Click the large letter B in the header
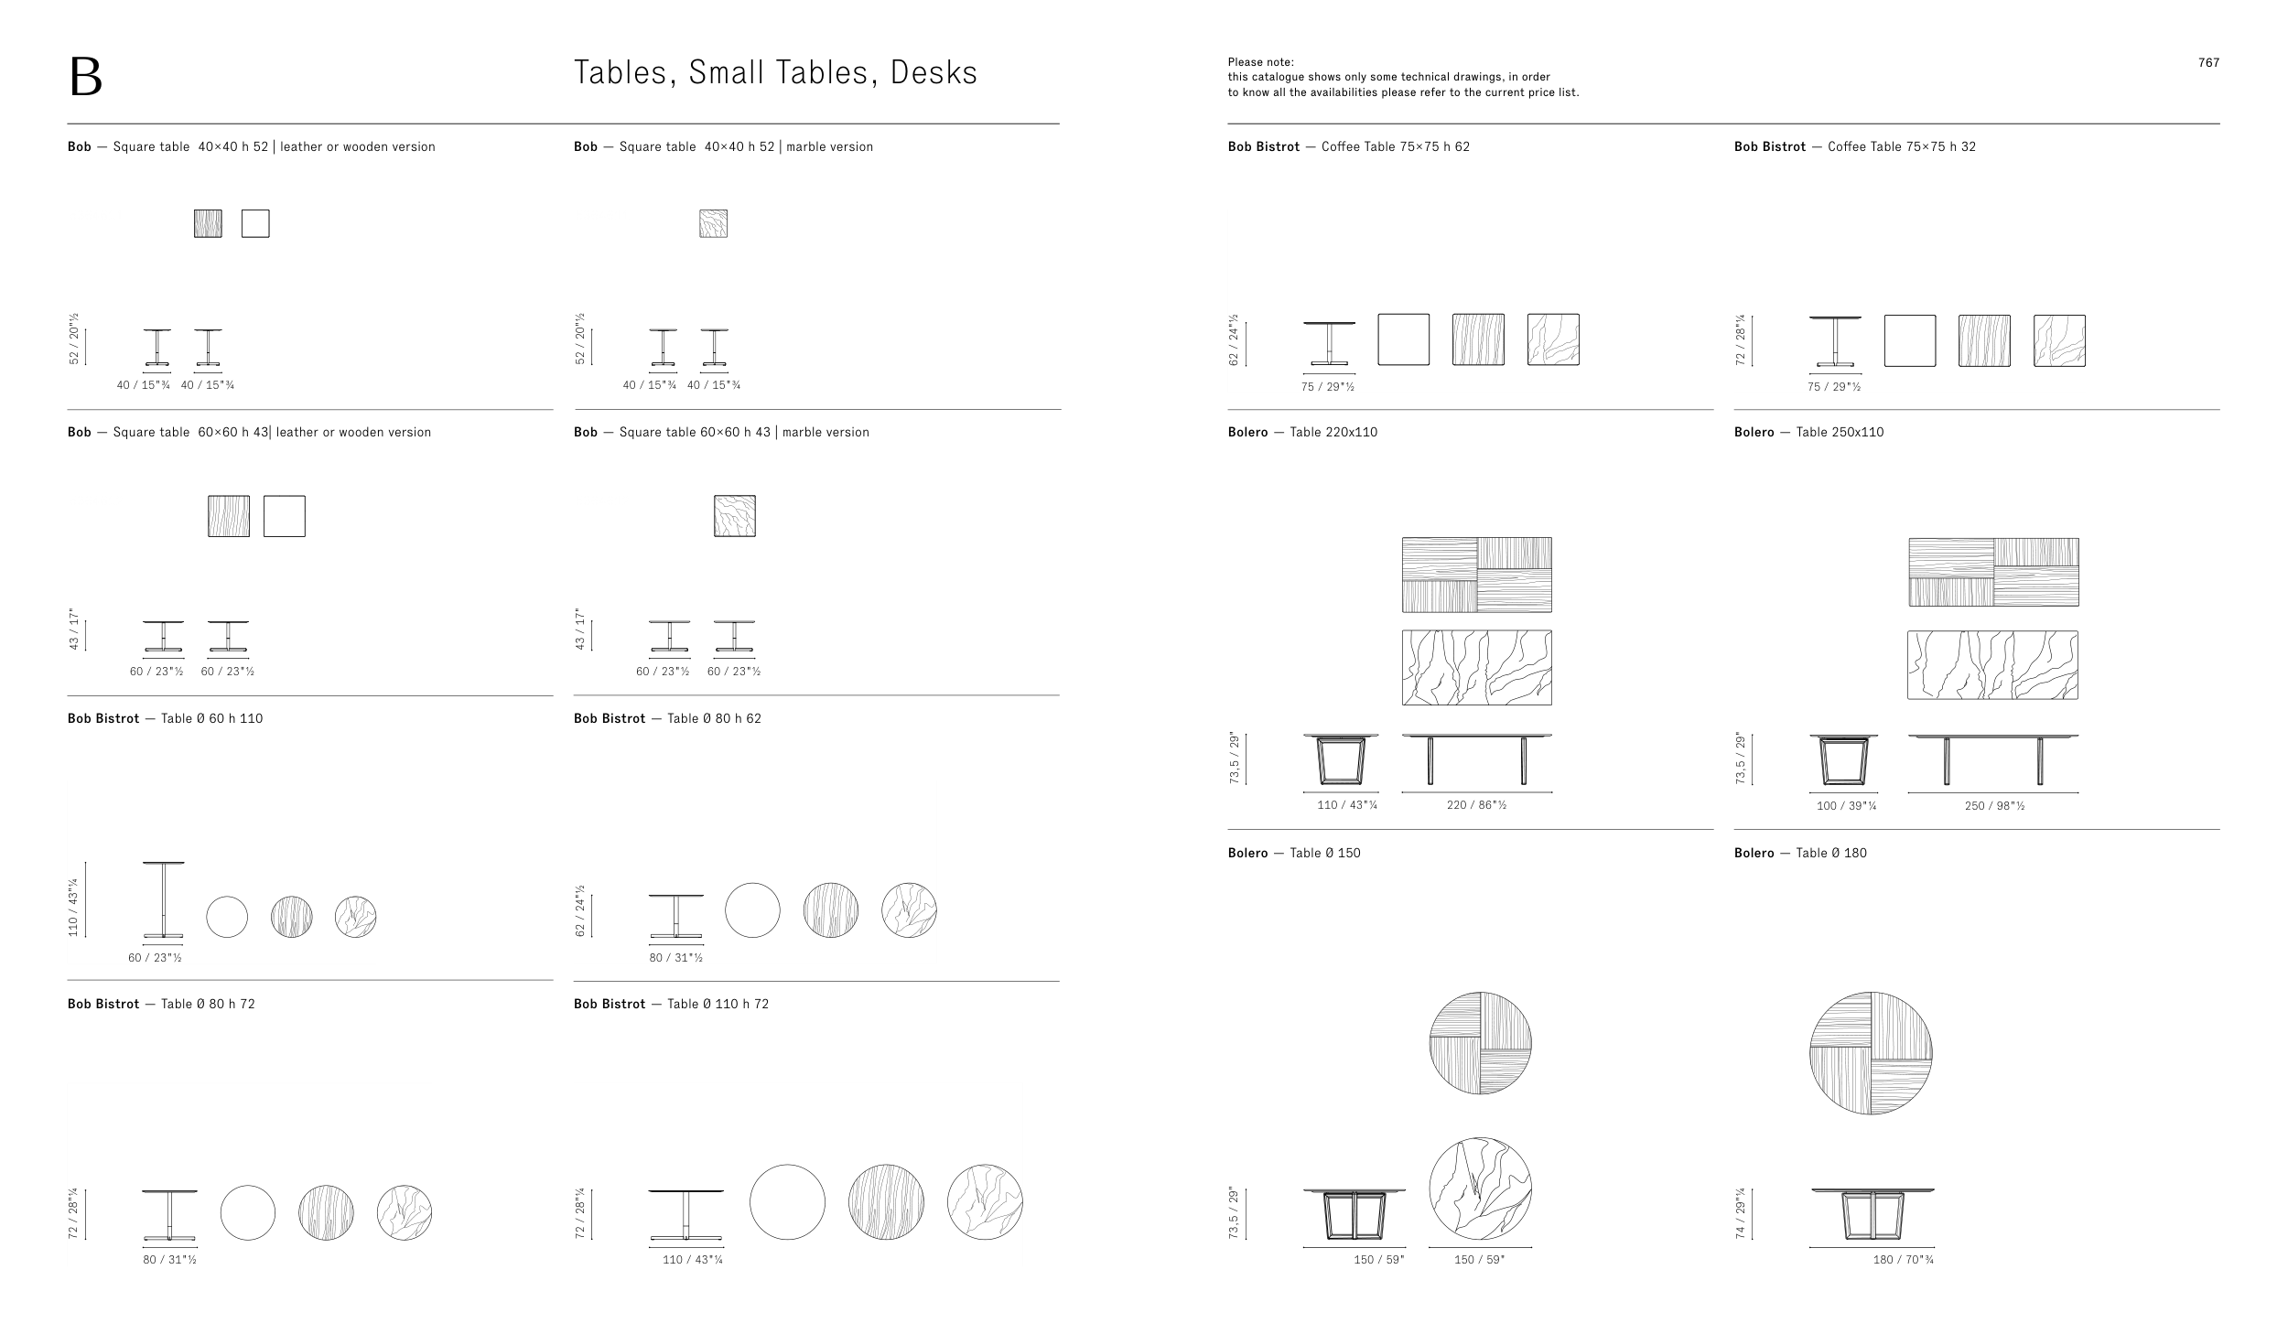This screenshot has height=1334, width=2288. [x=85, y=77]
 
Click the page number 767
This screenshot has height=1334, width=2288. [x=2208, y=62]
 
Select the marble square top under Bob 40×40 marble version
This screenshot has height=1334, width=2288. [x=713, y=223]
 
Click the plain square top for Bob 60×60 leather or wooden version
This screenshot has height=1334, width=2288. [x=285, y=516]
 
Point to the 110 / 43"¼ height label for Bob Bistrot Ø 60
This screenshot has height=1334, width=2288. [x=73, y=906]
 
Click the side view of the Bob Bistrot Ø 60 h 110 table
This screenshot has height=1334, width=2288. [x=164, y=899]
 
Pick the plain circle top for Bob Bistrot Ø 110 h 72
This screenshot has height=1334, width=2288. [x=787, y=1201]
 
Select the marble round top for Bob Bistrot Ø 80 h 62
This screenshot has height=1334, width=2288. [x=909, y=910]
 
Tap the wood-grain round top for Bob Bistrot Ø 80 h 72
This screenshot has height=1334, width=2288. [x=326, y=1212]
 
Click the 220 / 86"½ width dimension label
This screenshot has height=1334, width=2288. [x=1476, y=805]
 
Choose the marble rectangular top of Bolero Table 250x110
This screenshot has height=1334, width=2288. [x=1992, y=665]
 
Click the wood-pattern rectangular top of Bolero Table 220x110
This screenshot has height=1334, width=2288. [x=1476, y=575]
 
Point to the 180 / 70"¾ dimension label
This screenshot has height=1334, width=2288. [x=1904, y=1260]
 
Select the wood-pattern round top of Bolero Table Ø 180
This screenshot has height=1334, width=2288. [x=1871, y=1053]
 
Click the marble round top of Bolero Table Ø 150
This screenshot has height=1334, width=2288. [x=1480, y=1189]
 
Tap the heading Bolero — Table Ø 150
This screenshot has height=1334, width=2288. [x=1294, y=853]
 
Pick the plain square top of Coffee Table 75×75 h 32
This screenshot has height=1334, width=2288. [x=1910, y=340]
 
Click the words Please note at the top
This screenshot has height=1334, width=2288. [x=1260, y=62]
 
